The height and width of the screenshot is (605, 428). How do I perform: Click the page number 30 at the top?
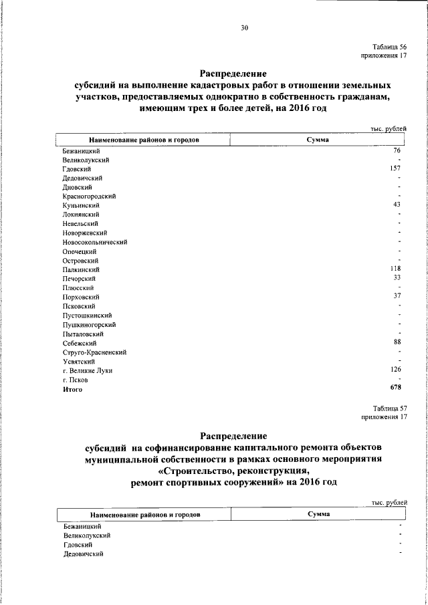tap(244, 27)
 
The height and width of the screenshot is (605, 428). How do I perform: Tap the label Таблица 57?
tap(390, 407)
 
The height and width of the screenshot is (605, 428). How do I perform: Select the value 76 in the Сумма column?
tap(397, 151)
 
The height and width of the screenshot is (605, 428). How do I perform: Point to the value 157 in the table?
tap(395, 169)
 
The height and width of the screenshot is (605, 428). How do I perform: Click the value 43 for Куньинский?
tap(397, 205)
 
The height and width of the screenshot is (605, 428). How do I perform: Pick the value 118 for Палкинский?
tap(395, 269)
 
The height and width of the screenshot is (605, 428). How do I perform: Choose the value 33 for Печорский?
tap(397, 277)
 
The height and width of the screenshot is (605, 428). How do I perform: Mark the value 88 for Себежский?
tap(397, 342)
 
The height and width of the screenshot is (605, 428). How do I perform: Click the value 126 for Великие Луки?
tap(395, 368)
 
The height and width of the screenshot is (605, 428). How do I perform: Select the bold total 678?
tap(395, 387)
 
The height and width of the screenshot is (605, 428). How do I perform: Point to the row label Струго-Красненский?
tap(94, 352)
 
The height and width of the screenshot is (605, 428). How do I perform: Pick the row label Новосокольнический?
tap(94, 242)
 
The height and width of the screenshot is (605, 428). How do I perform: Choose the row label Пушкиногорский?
tap(86, 324)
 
